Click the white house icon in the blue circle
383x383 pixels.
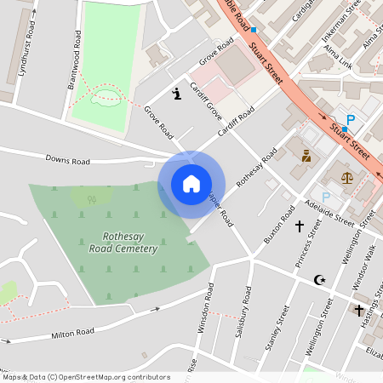(x=191, y=183)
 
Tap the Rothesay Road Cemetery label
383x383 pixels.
(x=124, y=243)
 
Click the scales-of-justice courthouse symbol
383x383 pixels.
(x=346, y=179)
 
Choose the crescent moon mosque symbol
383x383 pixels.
(x=320, y=279)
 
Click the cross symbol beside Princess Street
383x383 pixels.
(x=299, y=226)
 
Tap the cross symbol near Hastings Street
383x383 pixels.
(x=359, y=310)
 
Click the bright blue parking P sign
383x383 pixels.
(x=349, y=122)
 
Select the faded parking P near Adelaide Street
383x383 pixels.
(x=325, y=197)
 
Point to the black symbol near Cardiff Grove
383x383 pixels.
(x=176, y=94)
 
